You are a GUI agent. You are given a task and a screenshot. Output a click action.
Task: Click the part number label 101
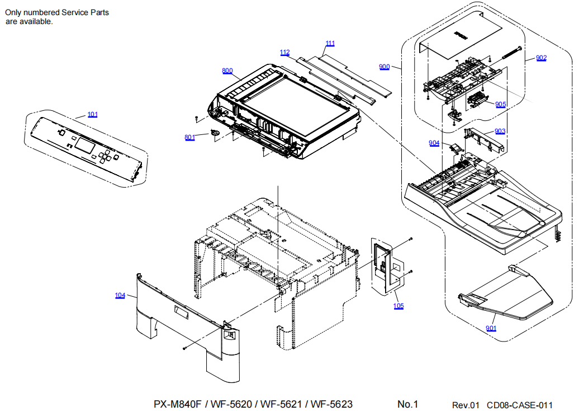point(93,115)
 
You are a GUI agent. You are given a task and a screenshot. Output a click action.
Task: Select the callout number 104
point(120,296)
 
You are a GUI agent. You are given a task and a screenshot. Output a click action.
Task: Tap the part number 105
point(398,306)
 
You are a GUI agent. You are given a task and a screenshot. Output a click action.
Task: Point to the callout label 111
point(330,43)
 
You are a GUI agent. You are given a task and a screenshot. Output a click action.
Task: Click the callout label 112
point(285,53)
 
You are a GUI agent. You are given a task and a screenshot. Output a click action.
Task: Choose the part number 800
point(227,71)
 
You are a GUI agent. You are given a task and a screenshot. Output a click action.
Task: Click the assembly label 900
point(384,67)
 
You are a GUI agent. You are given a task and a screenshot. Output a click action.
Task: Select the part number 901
point(491,328)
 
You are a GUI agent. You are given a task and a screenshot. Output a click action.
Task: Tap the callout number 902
point(541,58)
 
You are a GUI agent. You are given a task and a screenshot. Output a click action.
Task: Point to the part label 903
point(500,131)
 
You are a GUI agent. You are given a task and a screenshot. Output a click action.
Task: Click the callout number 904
point(434,143)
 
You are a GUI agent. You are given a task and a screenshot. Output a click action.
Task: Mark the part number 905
point(500,104)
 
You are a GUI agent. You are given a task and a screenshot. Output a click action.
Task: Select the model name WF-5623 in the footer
point(331,404)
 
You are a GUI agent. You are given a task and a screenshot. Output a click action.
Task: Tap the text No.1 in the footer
point(407,404)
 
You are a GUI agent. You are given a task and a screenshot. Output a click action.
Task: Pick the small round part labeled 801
point(215,132)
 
